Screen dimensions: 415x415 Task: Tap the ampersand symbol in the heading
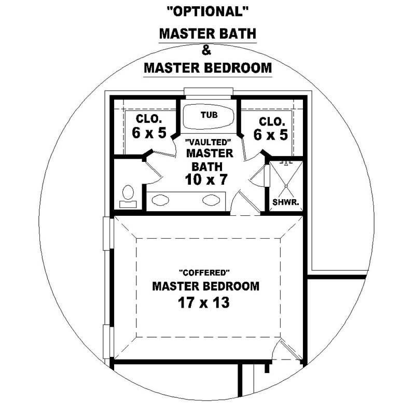click(x=207, y=51)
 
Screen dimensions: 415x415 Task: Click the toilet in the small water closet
click(x=127, y=195)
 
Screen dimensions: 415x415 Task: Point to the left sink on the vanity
click(x=160, y=199)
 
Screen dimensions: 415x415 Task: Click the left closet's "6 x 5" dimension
click(x=149, y=133)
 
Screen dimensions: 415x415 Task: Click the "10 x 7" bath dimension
click(x=206, y=179)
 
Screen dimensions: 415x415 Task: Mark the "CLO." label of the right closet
click(x=271, y=121)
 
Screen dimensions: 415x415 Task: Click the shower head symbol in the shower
click(x=285, y=163)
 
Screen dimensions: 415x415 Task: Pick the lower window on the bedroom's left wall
click(x=107, y=341)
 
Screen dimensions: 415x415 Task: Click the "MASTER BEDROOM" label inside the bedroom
click(x=205, y=286)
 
